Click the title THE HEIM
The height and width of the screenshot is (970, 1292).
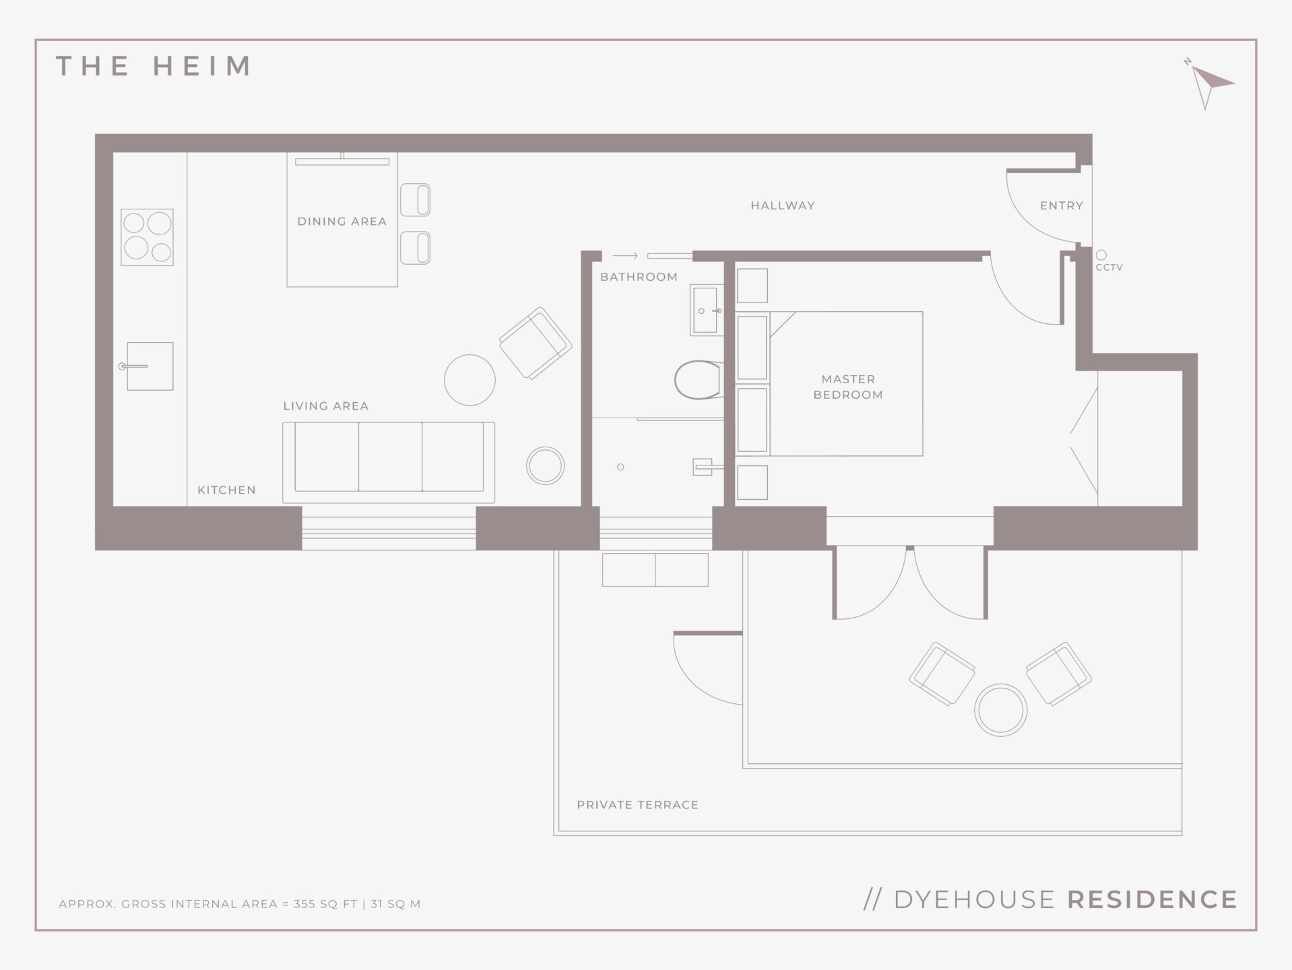(154, 66)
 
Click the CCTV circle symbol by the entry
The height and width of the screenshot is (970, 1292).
(1101, 255)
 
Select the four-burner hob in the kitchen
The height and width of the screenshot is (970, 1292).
(148, 236)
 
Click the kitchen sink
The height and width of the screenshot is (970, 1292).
(149, 366)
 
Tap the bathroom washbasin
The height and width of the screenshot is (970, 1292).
(706, 310)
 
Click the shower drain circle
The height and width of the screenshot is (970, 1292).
(620, 467)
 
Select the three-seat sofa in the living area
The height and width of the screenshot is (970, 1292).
(389, 463)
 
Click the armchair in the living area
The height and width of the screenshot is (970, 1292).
(536, 343)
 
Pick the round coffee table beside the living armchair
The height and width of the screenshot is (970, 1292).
(470, 380)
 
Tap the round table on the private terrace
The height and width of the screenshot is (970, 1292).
(1000, 710)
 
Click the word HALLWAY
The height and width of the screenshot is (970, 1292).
(783, 205)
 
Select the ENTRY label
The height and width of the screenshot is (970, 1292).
(1062, 205)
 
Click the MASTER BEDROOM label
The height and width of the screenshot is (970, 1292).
(848, 387)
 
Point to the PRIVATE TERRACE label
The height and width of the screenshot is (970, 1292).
(637, 805)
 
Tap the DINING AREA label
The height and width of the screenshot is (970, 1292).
(342, 221)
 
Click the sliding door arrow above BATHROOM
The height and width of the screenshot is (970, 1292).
(625, 256)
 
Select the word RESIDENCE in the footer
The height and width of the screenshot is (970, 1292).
(1153, 900)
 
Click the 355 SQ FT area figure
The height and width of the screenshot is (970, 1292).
(325, 904)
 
